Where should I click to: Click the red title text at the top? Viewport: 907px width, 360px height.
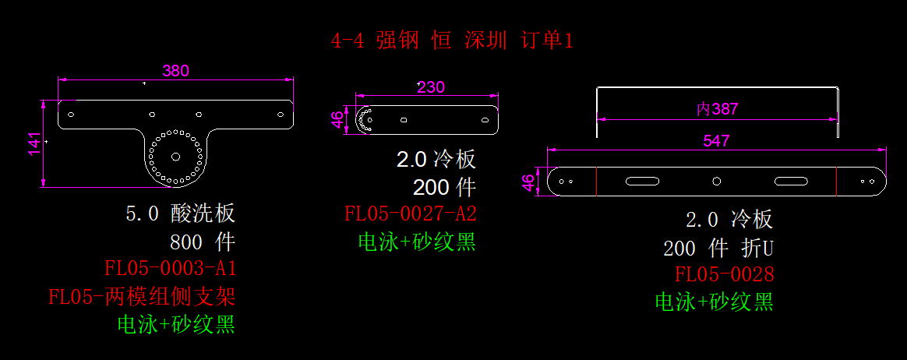click(452, 41)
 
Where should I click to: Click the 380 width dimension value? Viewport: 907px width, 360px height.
click(175, 70)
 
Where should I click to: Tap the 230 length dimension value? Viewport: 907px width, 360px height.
click(430, 86)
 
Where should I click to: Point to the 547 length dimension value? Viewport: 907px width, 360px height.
click(716, 140)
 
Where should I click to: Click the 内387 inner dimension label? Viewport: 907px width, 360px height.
click(717, 109)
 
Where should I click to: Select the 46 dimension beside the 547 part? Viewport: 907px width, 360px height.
click(528, 182)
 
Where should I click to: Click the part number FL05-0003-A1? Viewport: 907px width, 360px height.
click(171, 269)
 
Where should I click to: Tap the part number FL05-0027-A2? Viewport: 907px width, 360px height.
click(411, 214)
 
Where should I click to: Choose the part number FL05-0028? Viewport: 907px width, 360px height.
click(725, 274)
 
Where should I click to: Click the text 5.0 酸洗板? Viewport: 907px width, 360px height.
click(180, 214)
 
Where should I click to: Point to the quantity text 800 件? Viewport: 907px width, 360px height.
click(203, 241)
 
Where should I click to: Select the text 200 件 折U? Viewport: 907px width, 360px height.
click(718, 249)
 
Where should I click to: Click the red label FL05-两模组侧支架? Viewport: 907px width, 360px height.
click(142, 297)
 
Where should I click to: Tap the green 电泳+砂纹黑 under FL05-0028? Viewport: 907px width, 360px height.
click(714, 302)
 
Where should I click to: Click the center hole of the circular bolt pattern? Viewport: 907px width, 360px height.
click(175, 156)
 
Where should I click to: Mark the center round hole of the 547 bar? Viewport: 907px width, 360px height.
click(717, 182)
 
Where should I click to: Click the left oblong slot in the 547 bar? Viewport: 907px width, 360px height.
click(642, 182)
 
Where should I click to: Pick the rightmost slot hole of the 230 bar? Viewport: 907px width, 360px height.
click(485, 121)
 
